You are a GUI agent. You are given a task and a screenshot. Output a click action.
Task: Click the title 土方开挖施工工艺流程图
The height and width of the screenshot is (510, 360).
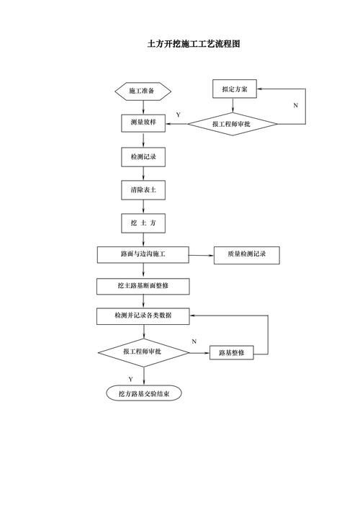click(194, 44)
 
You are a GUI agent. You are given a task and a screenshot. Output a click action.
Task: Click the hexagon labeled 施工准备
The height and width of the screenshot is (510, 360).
click(143, 91)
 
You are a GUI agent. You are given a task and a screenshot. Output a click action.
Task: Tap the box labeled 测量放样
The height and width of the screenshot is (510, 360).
click(143, 123)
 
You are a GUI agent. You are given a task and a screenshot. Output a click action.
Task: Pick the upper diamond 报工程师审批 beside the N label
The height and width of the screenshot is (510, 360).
click(233, 124)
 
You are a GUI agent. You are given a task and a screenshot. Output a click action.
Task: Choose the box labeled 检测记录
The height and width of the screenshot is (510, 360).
click(143, 156)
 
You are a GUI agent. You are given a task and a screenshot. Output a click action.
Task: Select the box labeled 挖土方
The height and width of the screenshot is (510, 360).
click(143, 223)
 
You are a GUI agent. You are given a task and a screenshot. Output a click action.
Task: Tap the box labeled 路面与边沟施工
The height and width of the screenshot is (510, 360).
click(143, 254)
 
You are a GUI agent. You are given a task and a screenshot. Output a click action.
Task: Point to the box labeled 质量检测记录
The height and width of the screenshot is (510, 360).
click(246, 254)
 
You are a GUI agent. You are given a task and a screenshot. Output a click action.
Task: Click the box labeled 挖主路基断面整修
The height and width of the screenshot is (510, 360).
click(143, 286)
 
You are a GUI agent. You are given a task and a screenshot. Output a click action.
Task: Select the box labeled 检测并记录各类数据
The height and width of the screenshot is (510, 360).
click(143, 316)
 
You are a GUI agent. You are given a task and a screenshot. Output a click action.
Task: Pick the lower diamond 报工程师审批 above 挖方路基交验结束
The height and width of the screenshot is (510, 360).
click(143, 352)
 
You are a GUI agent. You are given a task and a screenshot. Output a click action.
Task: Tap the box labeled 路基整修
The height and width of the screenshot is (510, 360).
click(231, 352)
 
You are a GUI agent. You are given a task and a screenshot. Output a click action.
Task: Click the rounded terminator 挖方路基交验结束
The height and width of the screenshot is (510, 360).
click(143, 393)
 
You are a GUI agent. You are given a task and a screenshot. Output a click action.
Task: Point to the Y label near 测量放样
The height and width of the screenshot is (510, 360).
click(178, 115)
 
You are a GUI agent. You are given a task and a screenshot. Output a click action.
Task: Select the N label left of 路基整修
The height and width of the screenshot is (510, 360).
click(194, 341)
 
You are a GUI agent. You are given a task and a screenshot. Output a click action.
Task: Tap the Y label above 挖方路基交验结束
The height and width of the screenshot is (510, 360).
click(130, 379)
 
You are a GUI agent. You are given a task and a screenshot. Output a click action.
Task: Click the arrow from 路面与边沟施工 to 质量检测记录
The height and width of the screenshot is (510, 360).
click(202, 254)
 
